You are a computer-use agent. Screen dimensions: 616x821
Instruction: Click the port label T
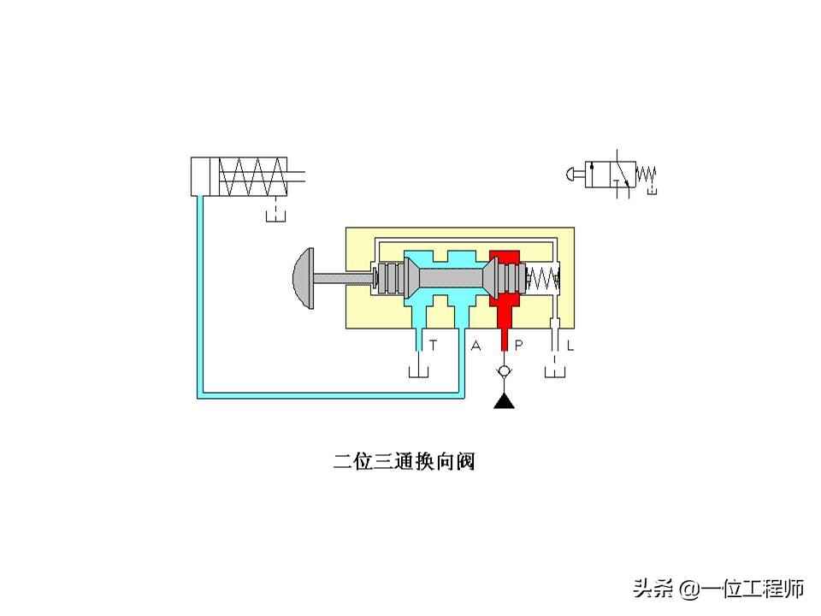tap(434, 346)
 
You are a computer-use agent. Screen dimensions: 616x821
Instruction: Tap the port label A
tap(476, 346)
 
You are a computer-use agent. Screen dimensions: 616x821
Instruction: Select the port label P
tap(519, 346)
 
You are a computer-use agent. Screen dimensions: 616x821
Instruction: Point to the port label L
tap(570, 346)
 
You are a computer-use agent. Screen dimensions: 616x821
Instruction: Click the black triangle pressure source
tap(505, 400)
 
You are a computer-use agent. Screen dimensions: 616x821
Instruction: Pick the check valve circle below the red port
tap(505, 373)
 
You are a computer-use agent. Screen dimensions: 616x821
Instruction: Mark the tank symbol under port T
tap(419, 373)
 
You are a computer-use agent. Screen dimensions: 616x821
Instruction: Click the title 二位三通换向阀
tap(404, 462)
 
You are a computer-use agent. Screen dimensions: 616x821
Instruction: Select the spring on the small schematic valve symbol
tap(647, 175)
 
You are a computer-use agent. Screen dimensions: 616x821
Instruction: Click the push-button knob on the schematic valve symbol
tap(572, 175)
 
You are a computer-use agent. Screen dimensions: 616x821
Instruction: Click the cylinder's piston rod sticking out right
tap(298, 177)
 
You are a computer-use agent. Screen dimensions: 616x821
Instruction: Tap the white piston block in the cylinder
tap(205, 177)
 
